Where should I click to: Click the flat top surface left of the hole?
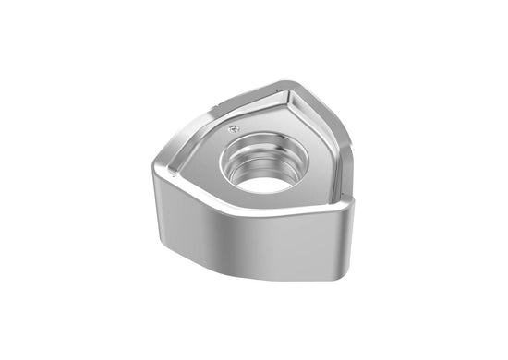pyautogui.click(x=199, y=172)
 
